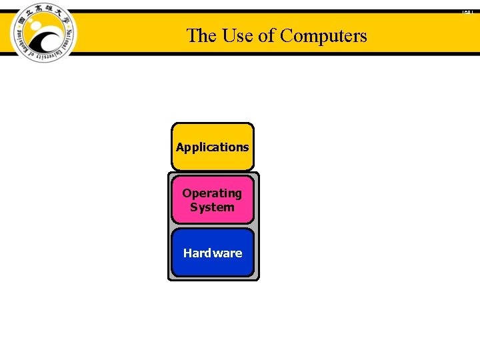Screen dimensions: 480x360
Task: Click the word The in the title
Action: pyautogui.click(x=198, y=35)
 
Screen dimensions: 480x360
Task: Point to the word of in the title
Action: pyautogui.click(x=267, y=35)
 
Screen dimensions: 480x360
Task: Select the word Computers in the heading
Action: pyautogui.click(x=323, y=35)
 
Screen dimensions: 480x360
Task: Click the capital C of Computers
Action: pyautogui.click(x=286, y=35)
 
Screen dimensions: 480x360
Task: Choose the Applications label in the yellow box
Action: pyautogui.click(x=213, y=147)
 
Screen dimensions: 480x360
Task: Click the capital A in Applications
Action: pyautogui.click(x=179, y=147)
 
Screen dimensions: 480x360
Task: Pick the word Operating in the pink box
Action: pyautogui.click(x=212, y=193)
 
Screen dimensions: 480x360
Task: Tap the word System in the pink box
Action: pyautogui.click(x=212, y=207)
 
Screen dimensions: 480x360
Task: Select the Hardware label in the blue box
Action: pyautogui.click(x=213, y=253)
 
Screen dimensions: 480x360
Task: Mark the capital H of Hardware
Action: pyautogui.click(x=188, y=253)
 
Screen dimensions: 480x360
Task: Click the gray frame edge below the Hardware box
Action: pyautogui.click(x=213, y=278)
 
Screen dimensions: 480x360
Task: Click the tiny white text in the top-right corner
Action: pyautogui.click(x=467, y=11)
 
